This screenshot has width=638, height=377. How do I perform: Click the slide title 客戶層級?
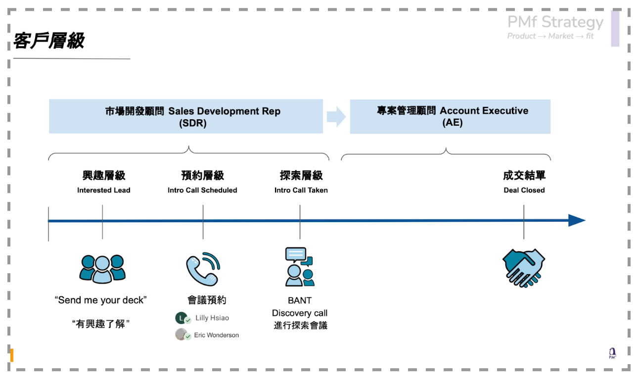[48, 41]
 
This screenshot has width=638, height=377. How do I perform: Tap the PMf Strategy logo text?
[555, 22]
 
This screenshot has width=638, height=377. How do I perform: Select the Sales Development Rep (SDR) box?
[186, 116]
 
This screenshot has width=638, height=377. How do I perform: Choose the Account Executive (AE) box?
[450, 117]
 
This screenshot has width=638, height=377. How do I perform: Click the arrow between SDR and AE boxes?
[336, 117]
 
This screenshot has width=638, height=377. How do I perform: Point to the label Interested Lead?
[104, 190]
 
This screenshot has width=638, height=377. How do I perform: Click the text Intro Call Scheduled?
[202, 190]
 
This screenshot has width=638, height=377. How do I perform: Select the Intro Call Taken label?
[301, 190]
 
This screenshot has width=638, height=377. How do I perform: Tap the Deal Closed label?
[524, 190]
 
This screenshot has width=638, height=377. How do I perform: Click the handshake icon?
[523, 268]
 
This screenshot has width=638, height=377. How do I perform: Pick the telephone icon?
[203, 269]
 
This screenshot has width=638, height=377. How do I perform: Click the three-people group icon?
[102, 269]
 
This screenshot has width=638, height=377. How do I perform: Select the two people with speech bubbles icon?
[300, 267]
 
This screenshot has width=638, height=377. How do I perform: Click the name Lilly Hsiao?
[212, 318]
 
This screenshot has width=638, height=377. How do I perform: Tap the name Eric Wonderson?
[217, 335]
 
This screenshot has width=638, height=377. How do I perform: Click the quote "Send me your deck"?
[100, 300]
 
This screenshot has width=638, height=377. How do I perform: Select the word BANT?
[300, 300]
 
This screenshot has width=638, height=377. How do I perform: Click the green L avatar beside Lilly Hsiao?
[182, 318]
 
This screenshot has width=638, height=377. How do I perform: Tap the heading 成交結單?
[524, 175]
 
